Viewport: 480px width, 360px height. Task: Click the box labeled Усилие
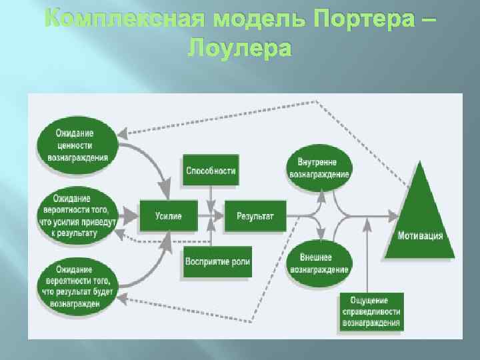pyautogui.click(x=168, y=215)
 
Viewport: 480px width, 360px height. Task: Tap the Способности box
pyautogui.click(x=211, y=171)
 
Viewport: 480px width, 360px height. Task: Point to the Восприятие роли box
pyautogui.click(x=218, y=261)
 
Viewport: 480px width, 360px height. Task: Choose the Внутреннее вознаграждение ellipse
pyautogui.click(x=319, y=167)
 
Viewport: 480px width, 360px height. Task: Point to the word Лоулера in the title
pyautogui.click(x=240, y=48)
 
